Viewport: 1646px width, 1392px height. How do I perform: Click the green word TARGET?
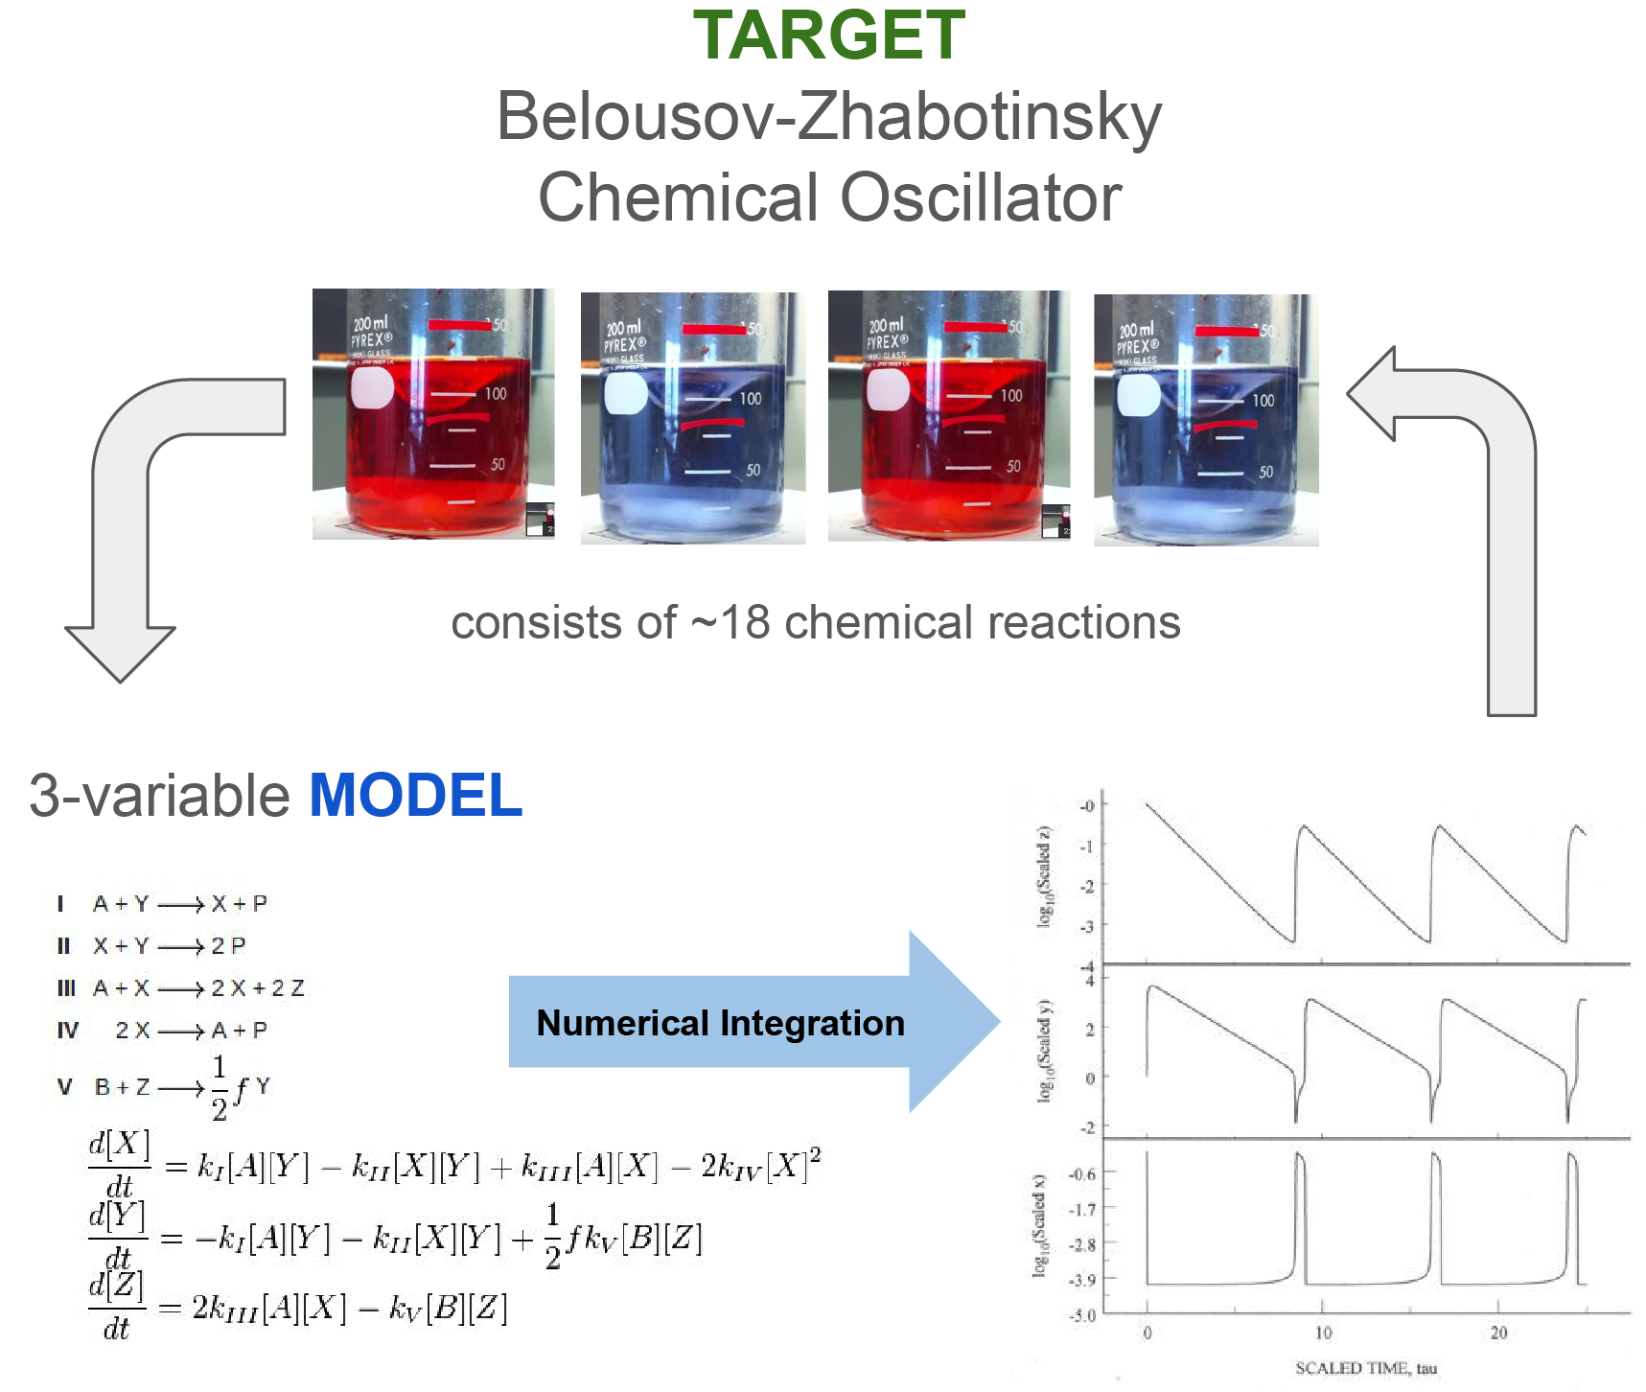828,36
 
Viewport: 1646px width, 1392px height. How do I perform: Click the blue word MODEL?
415,796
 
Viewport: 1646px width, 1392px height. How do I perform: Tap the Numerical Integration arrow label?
720,1023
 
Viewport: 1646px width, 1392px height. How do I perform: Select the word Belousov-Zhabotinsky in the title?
828,117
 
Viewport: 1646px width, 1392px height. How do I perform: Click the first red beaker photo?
433,414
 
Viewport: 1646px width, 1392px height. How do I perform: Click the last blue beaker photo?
1206,420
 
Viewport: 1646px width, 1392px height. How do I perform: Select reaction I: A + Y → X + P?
163,904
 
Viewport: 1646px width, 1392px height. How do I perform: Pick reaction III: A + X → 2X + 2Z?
182,988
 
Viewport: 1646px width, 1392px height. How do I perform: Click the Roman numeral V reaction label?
64,1087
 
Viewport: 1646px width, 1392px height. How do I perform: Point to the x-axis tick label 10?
1323,1333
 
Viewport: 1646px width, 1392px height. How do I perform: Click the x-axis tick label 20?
1498,1333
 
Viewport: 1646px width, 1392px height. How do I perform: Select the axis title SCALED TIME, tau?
1366,1368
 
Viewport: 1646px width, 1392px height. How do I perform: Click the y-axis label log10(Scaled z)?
1045,876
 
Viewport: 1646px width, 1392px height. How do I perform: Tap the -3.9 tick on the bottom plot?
1081,1280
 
